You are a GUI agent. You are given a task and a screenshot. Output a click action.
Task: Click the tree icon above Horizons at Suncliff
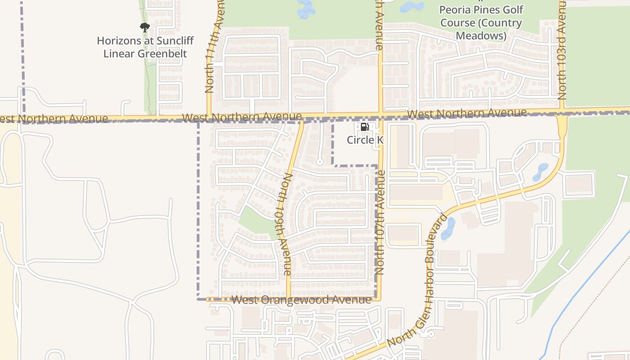pyautogui.click(x=144, y=27)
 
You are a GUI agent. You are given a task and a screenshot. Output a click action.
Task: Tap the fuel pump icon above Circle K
pyautogui.click(x=364, y=127)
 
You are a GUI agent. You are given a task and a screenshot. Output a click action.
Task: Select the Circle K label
pyautogui.click(x=364, y=140)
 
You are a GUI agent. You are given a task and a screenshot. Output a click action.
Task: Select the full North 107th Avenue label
pyautogui.click(x=380, y=222)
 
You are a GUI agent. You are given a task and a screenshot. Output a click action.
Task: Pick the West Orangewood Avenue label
pyautogui.click(x=301, y=300)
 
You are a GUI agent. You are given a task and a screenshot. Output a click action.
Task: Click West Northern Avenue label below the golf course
pyautogui.click(x=466, y=113)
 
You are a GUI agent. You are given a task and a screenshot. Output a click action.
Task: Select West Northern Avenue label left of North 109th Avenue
pyautogui.click(x=242, y=117)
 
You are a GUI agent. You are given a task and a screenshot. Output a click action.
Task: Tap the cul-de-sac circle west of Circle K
pyautogui.click(x=320, y=162)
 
